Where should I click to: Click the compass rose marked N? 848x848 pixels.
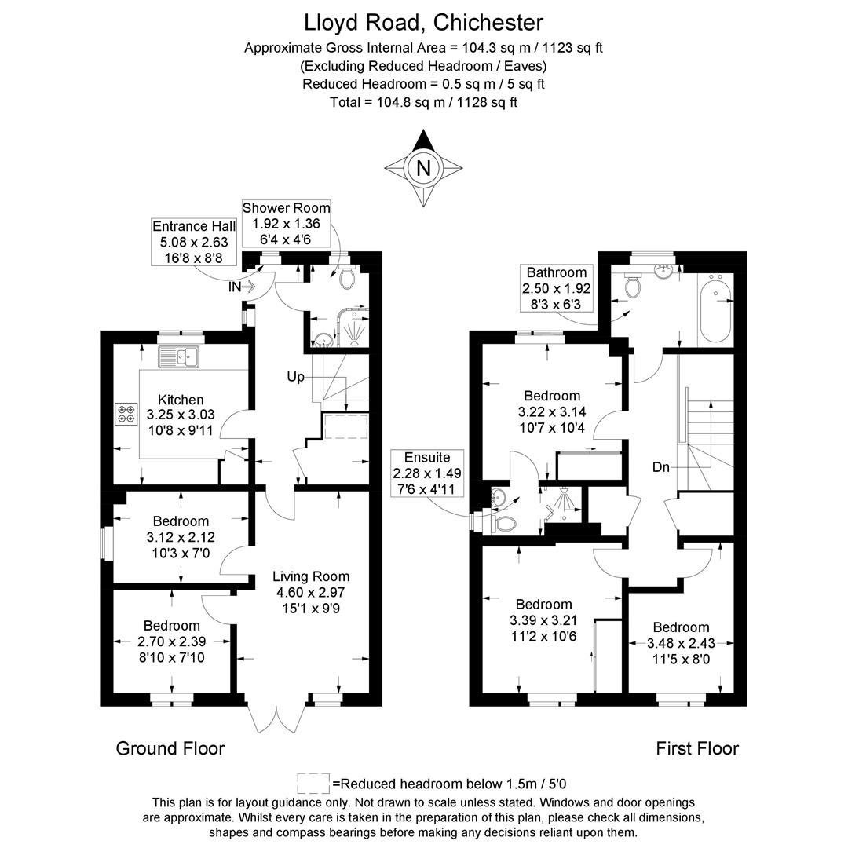(424, 168)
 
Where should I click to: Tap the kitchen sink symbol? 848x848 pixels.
(181, 357)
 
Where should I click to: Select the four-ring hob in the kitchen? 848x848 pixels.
(126, 414)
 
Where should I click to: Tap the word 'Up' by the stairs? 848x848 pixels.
(295, 378)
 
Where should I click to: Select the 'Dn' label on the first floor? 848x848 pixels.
(661, 467)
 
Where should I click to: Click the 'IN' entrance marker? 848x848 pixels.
(236, 287)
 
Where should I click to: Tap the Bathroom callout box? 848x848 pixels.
(557, 288)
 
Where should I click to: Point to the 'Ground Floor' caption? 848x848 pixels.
(170, 748)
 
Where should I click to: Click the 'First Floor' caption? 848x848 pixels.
(697, 748)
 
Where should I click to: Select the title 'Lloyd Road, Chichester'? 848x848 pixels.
(424, 21)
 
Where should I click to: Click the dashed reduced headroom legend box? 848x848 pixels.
(313, 783)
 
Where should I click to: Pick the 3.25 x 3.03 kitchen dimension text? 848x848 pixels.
(181, 415)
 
